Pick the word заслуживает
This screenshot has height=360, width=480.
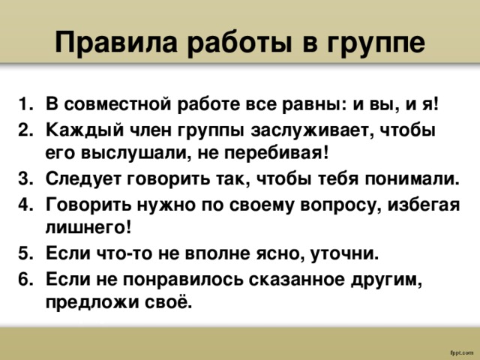[x=294, y=128]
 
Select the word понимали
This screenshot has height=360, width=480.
[x=413, y=179]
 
